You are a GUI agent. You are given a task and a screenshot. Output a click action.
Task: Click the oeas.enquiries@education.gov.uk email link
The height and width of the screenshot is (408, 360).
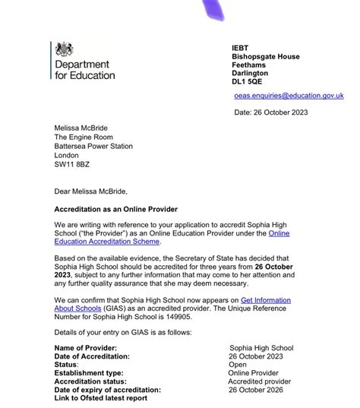click(x=289, y=96)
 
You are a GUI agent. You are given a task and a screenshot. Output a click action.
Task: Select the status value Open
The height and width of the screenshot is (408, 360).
click(x=238, y=363)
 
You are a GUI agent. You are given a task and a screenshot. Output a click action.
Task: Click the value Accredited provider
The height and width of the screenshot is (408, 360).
click(x=260, y=381)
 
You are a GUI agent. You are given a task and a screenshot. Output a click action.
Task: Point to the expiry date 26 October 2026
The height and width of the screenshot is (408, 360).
click(x=260, y=391)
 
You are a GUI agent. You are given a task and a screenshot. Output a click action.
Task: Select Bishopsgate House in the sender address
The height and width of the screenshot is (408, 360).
click(x=266, y=56)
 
